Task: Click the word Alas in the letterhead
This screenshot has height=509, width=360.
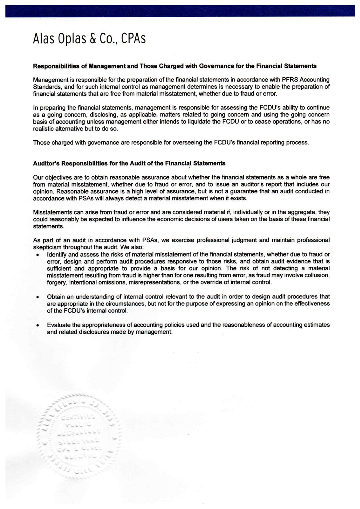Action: pyautogui.click(x=44, y=39)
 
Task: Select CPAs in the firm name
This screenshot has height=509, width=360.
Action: pyautogui.click(x=133, y=39)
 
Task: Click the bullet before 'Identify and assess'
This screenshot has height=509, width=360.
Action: pyautogui.click(x=37, y=255)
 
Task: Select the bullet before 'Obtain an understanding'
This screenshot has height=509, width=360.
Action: pyautogui.click(x=37, y=297)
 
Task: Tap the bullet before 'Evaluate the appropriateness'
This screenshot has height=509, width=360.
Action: pyautogui.click(x=37, y=325)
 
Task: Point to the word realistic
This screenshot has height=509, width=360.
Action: pyautogui.click(x=44, y=129)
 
